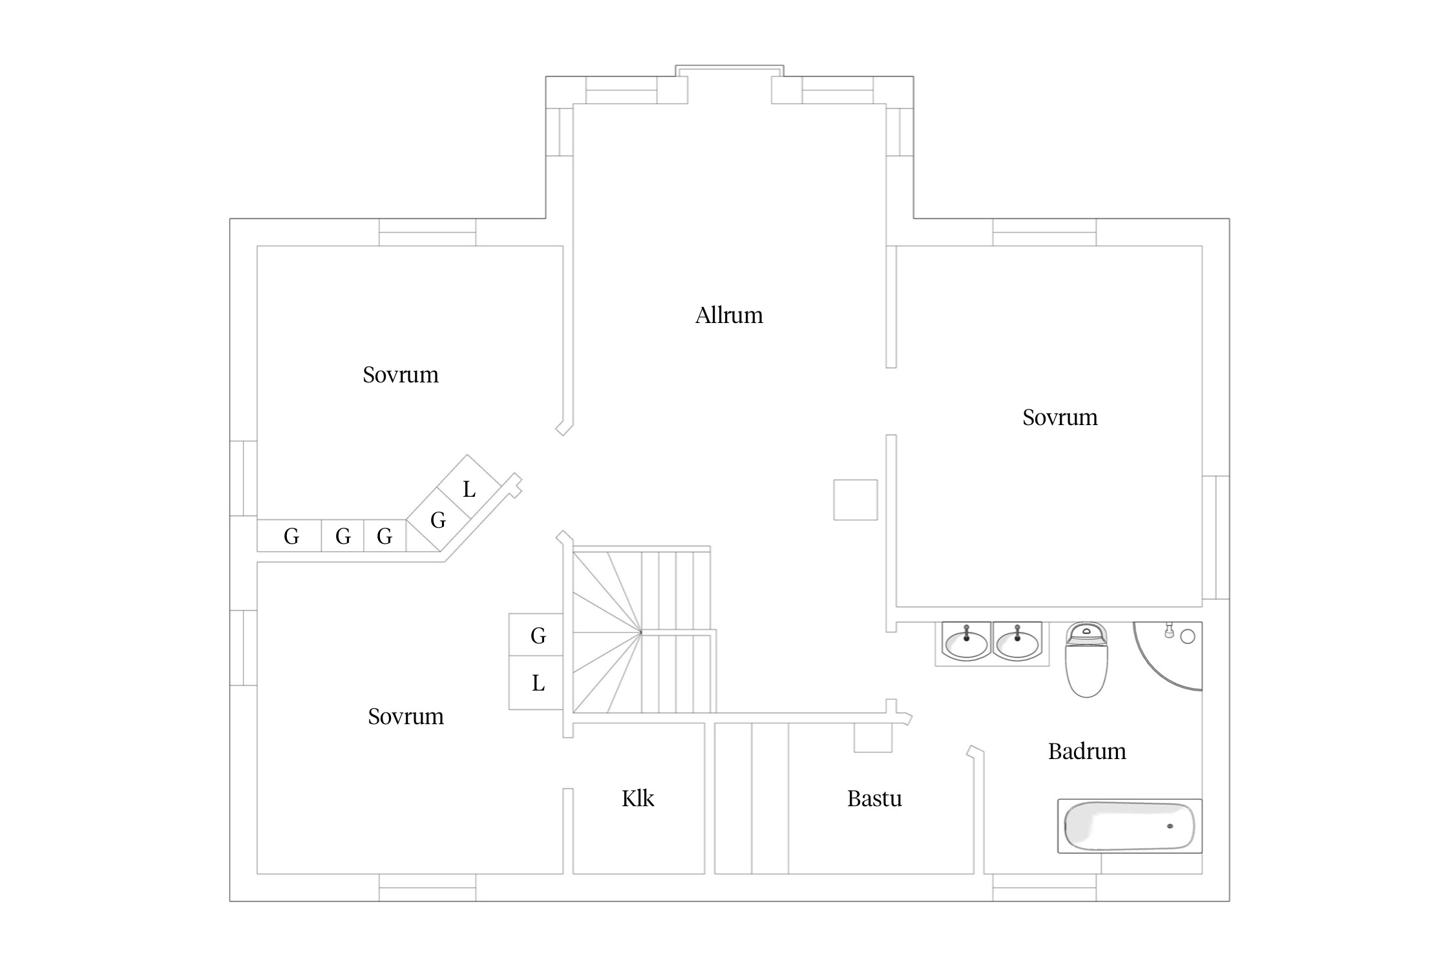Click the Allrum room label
(x=729, y=315)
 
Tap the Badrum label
(x=1087, y=751)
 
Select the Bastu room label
(x=874, y=798)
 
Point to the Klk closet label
(x=638, y=798)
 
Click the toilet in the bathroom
(x=1086, y=660)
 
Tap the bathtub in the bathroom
(x=1130, y=826)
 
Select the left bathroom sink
(x=966, y=642)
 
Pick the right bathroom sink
(x=1017, y=642)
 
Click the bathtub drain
(x=1170, y=826)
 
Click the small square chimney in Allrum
(x=856, y=500)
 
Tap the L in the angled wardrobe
(x=469, y=489)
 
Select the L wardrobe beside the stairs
(x=536, y=683)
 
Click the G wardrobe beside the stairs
(x=536, y=635)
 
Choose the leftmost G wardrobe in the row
(x=290, y=536)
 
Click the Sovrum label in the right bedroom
(x=1060, y=417)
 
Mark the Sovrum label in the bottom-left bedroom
(x=406, y=716)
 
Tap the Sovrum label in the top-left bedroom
(x=401, y=375)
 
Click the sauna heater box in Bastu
(x=873, y=738)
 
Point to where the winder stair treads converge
(x=641, y=632)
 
